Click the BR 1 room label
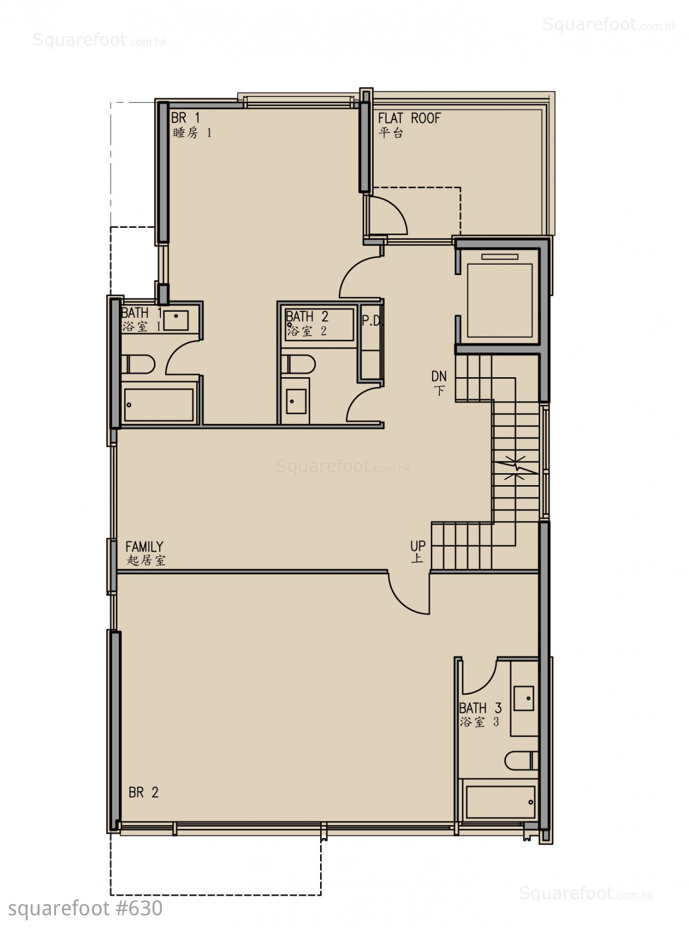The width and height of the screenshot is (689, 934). (x=191, y=125)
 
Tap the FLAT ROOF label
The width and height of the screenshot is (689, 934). (x=409, y=125)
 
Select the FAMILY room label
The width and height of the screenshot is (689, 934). (x=145, y=553)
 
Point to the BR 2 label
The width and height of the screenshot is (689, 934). (x=144, y=792)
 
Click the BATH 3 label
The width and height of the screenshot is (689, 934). (x=480, y=715)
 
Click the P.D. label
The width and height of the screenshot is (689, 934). (x=372, y=321)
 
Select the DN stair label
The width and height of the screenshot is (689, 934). (x=439, y=382)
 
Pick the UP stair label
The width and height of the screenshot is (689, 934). (x=418, y=552)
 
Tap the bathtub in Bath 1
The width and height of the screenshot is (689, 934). (x=159, y=405)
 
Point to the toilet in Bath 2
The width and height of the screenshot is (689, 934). (x=298, y=364)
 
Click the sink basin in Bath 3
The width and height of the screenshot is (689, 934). (x=523, y=698)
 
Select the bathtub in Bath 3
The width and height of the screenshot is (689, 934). (x=500, y=802)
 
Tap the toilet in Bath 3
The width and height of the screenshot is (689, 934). (x=521, y=761)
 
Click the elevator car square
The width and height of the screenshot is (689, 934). (x=500, y=300)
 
